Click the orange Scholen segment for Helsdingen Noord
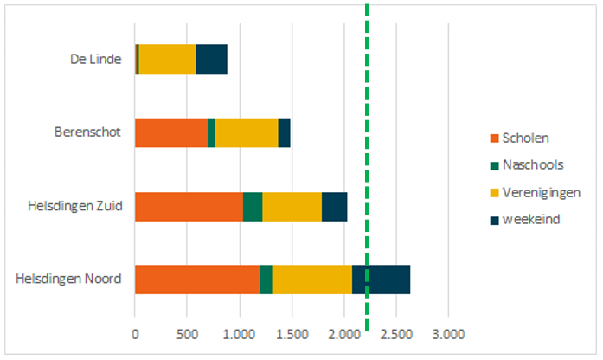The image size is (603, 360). (x=197, y=280)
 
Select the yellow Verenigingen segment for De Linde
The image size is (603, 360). (x=167, y=59)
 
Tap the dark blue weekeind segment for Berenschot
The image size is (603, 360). (x=284, y=132)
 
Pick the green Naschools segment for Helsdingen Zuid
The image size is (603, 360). (x=253, y=207)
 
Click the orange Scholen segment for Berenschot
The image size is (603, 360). (x=171, y=132)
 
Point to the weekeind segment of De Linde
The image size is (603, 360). (x=211, y=59)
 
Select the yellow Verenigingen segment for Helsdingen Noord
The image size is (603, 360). (x=311, y=280)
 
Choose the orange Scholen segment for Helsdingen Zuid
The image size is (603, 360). (x=189, y=207)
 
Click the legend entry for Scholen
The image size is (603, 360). (x=524, y=138)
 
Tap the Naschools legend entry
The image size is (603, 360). (x=532, y=165)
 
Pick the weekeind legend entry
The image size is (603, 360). (x=529, y=219)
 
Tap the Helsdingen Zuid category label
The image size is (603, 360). (x=74, y=207)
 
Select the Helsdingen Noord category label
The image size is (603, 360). (x=68, y=280)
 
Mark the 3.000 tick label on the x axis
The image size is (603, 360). (x=448, y=333)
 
